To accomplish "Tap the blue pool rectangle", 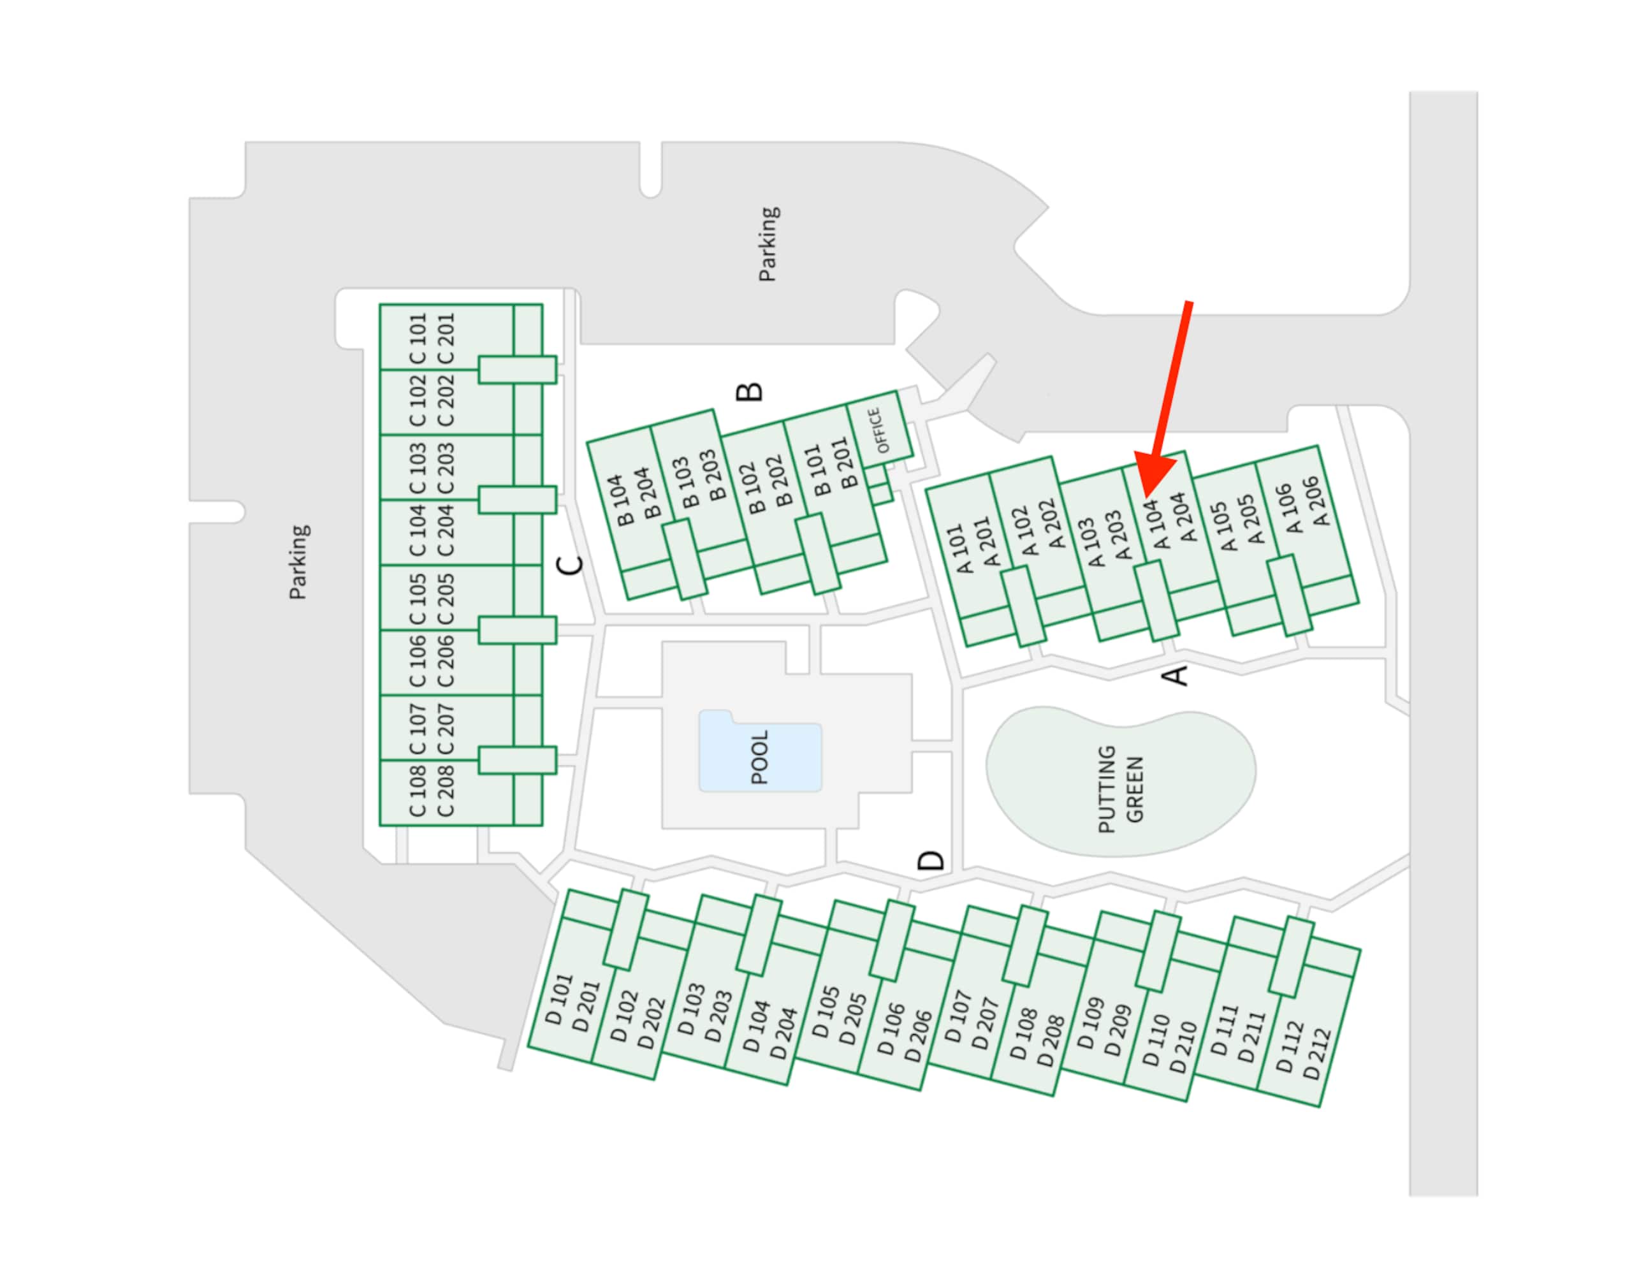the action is click(760, 750).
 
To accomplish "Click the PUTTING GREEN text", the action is click(1120, 789).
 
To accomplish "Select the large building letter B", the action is click(750, 391).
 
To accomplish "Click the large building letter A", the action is click(1176, 675).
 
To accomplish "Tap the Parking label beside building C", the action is click(298, 562).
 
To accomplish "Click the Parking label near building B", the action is click(768, 244).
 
